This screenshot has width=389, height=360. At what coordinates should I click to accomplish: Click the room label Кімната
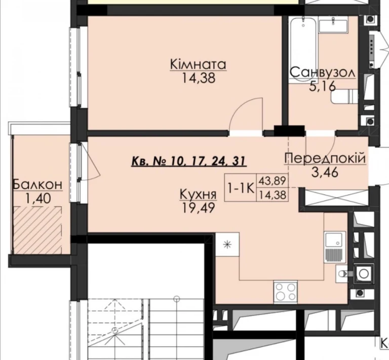pyautogui.click(x=198, y=64)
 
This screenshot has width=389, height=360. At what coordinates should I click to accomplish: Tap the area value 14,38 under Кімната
pyautogui.click(x=199, y=78)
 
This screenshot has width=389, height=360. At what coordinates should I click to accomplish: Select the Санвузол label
pyautogui.click(x=323, y=72)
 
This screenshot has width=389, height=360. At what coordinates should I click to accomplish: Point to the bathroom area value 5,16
pyautogui.click(x=322, y=86)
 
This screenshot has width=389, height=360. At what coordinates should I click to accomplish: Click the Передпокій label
pyautogui.click(x=325, y=158)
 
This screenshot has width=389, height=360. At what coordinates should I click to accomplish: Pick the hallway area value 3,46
pyautogui.click(x=325, y=172)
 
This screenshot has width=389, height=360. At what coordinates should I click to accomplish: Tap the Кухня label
pyautogui.click(x=198, y=195)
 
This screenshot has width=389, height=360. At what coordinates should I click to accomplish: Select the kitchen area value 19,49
pyautogui.click(x=198, y=208)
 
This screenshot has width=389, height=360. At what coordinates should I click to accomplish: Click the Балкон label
pyautogui.click(x=37, y=185)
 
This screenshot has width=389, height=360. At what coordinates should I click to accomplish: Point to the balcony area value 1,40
pyautogui.click(x=37, y=198)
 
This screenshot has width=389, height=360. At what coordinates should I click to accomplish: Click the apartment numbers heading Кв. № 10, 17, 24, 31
pyautogui.click(x=189, y=161)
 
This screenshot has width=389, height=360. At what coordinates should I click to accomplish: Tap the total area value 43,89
pyautogui.click(x=273, y=180)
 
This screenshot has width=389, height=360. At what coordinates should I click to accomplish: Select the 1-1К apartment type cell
pyautogui.click(x=241, y=188)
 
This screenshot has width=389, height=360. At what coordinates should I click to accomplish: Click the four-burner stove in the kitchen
pyautogui.click(x=285, y=292)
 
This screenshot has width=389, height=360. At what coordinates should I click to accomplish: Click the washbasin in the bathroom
pyautogui.click(x=333, y=25)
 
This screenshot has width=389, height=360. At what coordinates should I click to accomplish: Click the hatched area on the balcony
pyautogui.click(x=37, y=230)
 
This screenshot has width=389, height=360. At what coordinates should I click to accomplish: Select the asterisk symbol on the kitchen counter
pyautogui.click(x=227, y=245)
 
